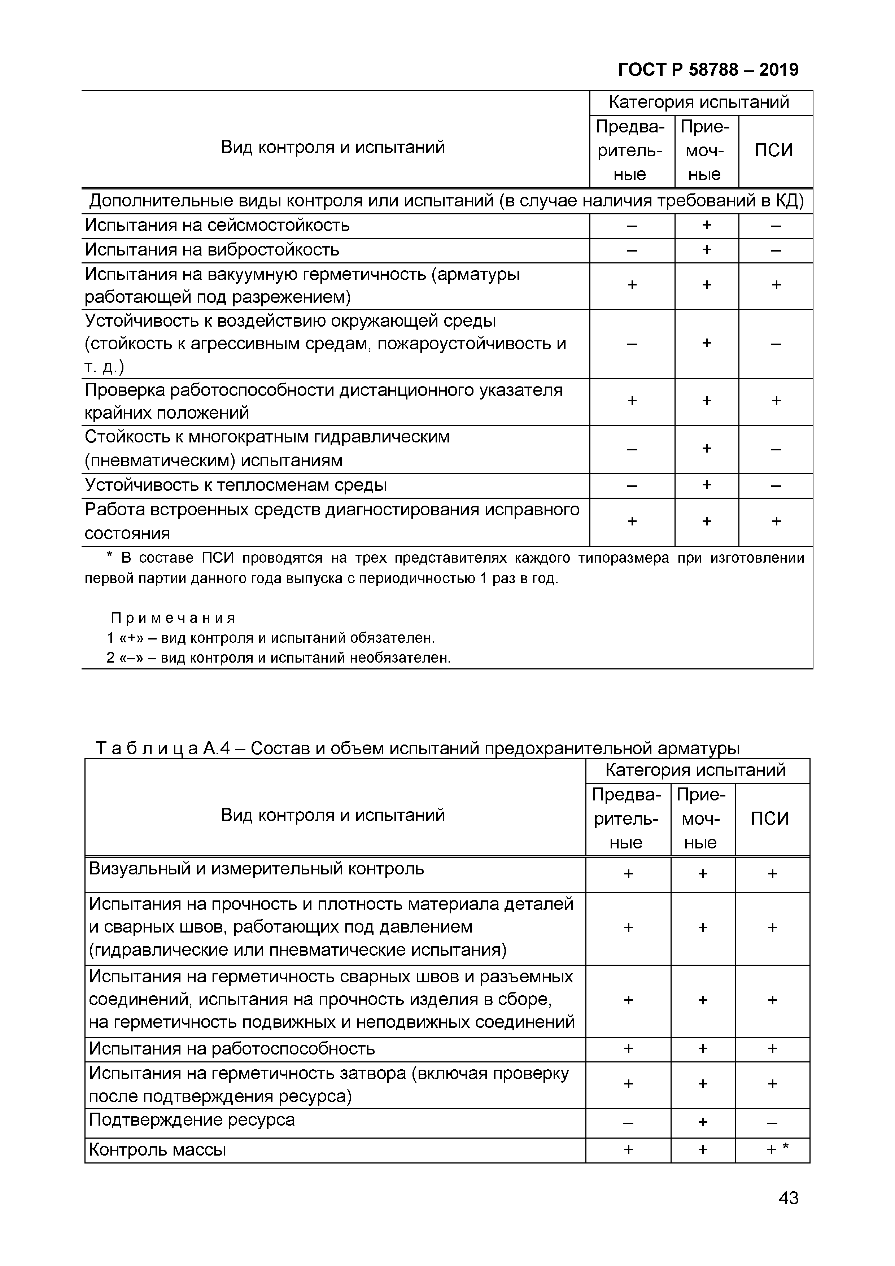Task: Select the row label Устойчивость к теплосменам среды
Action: point(236,485)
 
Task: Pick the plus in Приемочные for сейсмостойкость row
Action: point(706,225)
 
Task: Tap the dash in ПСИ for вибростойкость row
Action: point(776,250)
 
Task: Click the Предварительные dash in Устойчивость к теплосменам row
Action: point(632,486)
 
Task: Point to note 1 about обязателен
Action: point(271,638)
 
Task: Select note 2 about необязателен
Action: point(279,658)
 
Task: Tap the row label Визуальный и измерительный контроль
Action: point(257,869)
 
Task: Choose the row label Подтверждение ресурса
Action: point(192,1120)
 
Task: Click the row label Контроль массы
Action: point(158,1150)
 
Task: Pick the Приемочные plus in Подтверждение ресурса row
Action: point(703,1122)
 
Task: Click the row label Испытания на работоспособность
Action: point(232,1049)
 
